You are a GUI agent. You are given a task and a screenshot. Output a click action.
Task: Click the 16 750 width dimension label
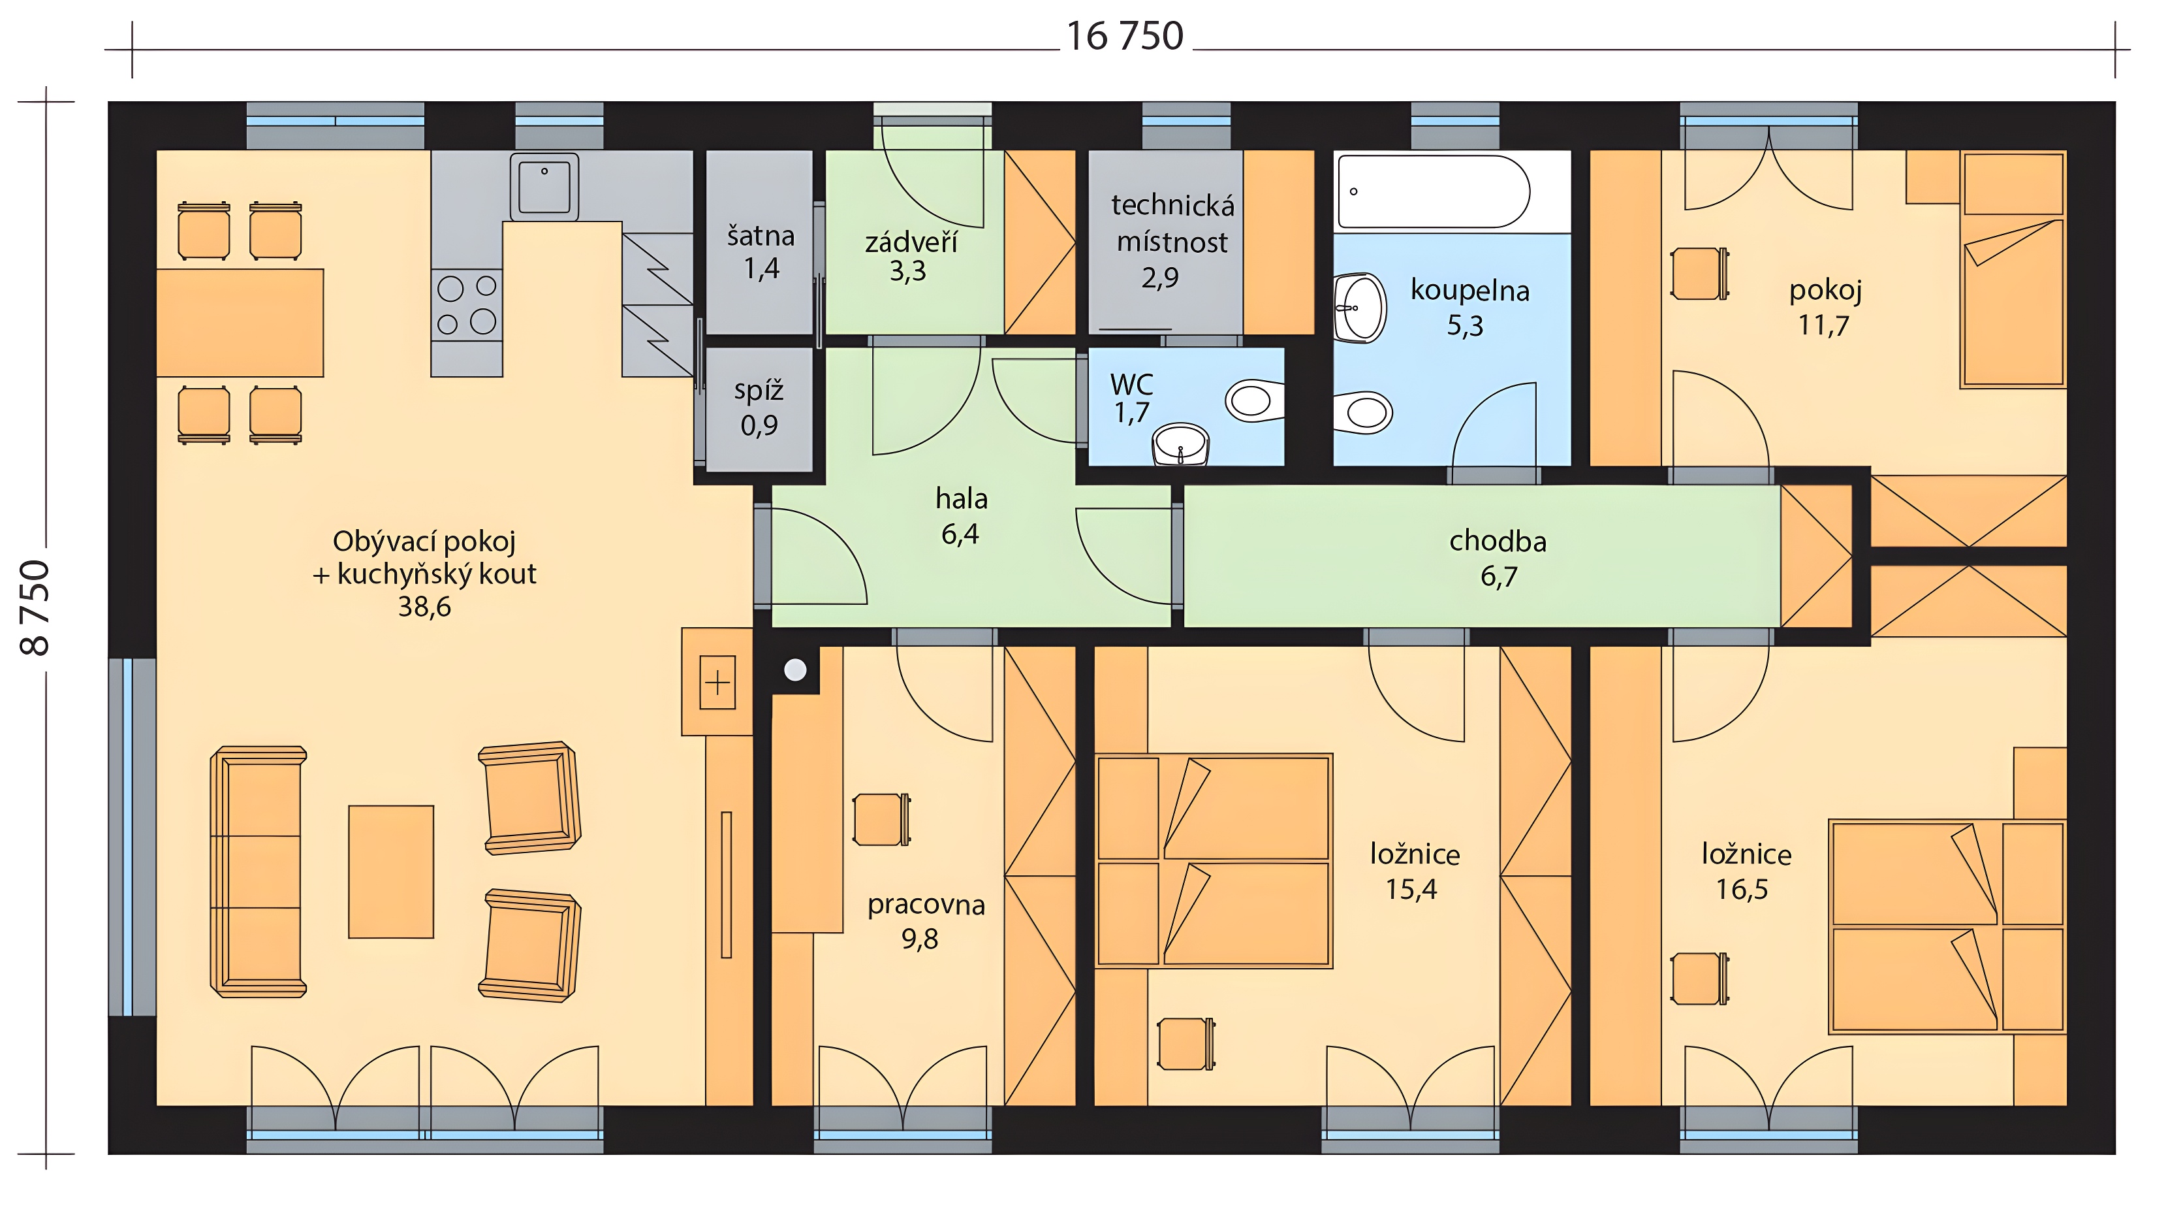[x=1125, y=37]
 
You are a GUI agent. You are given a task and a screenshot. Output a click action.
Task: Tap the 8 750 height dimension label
[x=35, y=607]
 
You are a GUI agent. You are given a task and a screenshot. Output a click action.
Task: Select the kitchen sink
[x=544, y=187]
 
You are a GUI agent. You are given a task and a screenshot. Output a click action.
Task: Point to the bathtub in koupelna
[x=1434, y=191]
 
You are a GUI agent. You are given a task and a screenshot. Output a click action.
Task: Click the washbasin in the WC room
[x=1180, y=444]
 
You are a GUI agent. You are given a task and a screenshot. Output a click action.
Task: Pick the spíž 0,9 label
[x=759, y=407]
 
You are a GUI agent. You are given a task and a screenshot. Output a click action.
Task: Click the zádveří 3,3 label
[x=910, y=256]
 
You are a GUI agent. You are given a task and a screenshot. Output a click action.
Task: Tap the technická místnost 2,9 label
[x=1172, y=241]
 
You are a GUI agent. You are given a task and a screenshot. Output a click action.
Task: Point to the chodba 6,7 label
[x=1498, y=558]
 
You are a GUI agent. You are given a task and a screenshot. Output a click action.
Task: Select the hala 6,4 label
[x=961, y=515]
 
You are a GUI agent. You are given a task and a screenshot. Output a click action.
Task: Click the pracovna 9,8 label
[x=926, y=921]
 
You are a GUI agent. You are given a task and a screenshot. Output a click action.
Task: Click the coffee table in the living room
[x=390, y=871]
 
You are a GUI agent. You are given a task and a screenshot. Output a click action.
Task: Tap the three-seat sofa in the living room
[x=259, y=871]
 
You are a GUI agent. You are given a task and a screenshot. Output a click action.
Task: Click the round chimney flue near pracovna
[x=795, y=670]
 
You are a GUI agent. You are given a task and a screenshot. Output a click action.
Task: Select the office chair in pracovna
[x=881, y=819]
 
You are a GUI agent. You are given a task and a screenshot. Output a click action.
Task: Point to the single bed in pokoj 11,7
[x=2013, y=270]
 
